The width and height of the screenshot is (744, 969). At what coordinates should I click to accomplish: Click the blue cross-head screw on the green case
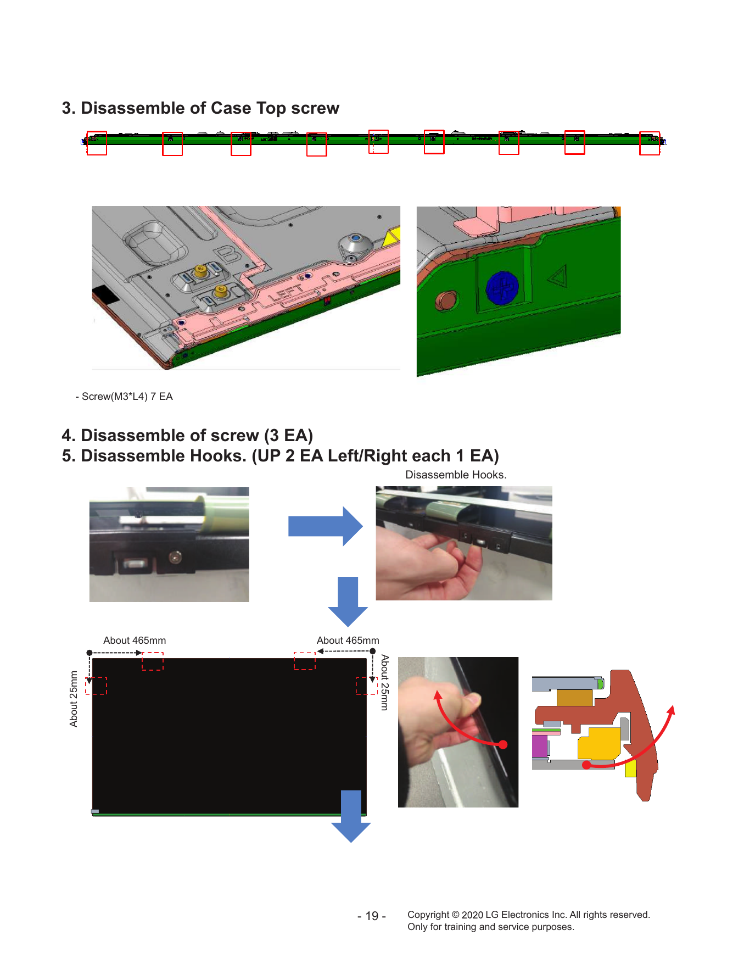(502, 288)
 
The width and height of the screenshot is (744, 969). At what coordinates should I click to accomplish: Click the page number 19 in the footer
(372, 916)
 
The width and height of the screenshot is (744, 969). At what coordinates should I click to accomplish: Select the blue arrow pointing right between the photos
(325, 526)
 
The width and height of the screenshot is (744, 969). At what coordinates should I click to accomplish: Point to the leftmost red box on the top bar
(97, 143)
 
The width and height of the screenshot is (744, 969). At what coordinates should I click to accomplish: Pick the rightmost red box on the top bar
(650, 143)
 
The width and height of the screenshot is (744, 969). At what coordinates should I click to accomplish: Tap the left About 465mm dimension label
(135, 641)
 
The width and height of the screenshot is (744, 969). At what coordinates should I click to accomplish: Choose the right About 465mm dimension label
(348, 641)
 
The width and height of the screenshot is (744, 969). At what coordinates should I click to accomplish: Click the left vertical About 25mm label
(74, 699)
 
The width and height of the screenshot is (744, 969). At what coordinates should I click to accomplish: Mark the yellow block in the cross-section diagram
(599, 742)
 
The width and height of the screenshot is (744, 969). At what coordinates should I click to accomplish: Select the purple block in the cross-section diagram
(540, 745)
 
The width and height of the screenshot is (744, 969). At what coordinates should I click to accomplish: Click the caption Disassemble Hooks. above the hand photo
(456, 475)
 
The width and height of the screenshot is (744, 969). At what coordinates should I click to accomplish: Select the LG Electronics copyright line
(529, 915)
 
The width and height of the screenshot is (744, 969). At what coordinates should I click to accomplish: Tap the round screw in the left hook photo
(175, 558)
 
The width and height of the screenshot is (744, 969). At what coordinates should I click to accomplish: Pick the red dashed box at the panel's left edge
(96, 686)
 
